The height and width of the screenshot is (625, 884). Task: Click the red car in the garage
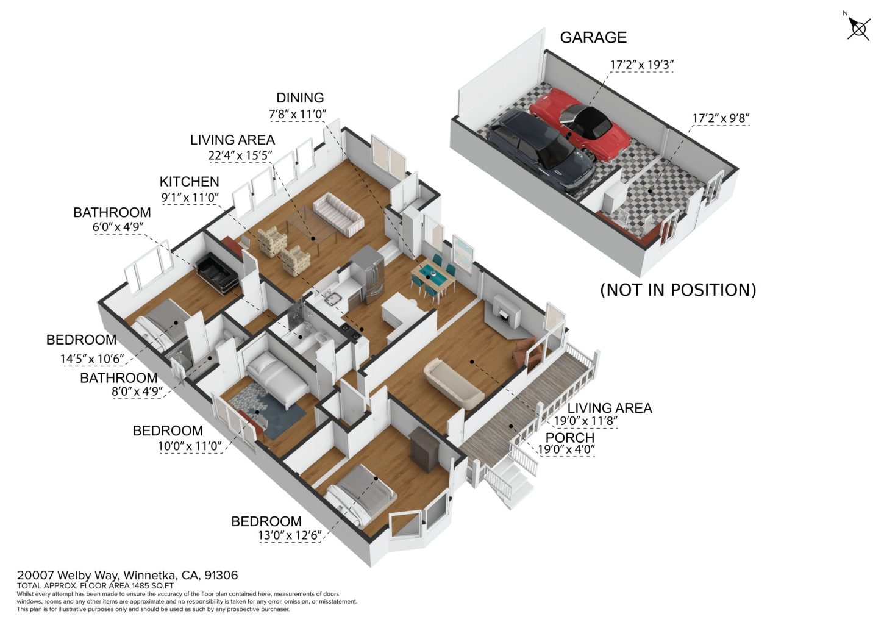[580, 124]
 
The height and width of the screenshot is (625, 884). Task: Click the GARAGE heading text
[593, 38]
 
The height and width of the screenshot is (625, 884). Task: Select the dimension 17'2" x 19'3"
[642, 65]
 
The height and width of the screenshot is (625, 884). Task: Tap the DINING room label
[300, 98]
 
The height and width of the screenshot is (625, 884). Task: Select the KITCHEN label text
[190, 182]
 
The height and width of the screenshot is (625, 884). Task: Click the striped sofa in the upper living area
[338, 215]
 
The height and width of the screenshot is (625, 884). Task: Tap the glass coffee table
[312, 225]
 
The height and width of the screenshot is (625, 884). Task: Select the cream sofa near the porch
[454, 384]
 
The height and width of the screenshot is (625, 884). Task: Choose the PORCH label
[569, 437]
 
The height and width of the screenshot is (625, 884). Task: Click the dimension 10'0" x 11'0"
[190, 446]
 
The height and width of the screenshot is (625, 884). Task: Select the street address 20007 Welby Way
[68, 575]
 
